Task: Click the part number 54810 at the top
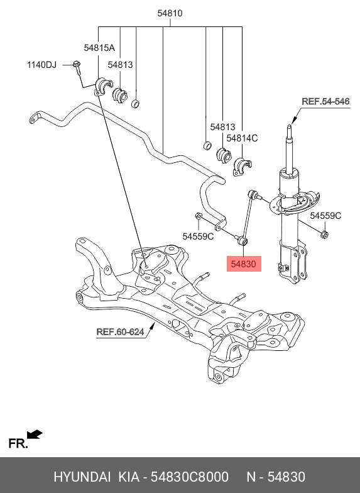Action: coord(170,12)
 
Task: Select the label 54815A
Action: coord(99,48)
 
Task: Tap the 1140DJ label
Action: coord(41,65)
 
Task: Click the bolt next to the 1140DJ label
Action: coord(76,65)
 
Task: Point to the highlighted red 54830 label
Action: coord(243,265)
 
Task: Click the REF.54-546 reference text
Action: coord(325,101)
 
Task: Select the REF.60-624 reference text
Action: coord(119,331)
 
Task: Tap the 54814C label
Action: coord(242,138)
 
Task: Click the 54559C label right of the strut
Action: coord(326,216)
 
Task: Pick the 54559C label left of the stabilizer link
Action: coord(198,236)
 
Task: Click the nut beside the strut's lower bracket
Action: coord(324,235)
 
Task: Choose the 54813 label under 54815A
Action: coord(120,65)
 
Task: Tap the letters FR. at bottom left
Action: coord(18,445)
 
